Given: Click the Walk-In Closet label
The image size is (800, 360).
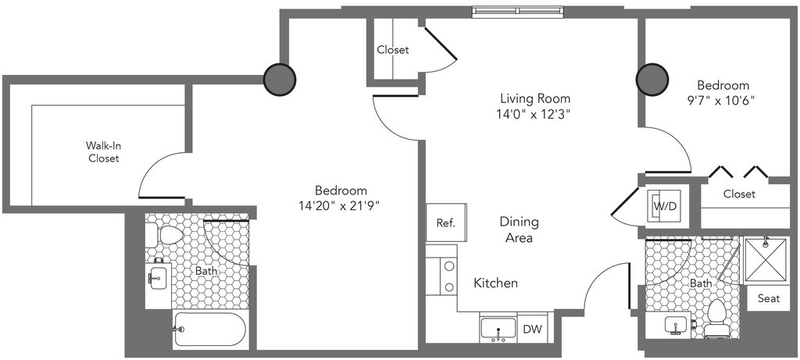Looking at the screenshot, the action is click(x=104, y=152).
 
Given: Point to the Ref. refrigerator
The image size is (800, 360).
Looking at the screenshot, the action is click(x=446, y=223).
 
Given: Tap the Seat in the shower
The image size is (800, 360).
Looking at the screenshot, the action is click(x=769, y=298).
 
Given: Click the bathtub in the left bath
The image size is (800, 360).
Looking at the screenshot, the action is click(x=209, y=330).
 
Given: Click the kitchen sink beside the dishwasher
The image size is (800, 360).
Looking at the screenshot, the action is click(x=498, y=330).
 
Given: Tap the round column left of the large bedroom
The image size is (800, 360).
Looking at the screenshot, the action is click(x=280, y=79).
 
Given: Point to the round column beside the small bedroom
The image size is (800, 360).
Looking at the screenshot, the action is click(x=652, y=80).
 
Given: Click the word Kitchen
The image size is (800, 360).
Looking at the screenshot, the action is click(x=496, y=283).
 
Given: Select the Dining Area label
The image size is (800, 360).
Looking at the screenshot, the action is click(x=519, y=230).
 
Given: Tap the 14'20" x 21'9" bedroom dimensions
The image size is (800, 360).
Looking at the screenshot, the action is click(x=341, y=206).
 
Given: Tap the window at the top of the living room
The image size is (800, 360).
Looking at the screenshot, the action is click(x=518, y=11).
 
